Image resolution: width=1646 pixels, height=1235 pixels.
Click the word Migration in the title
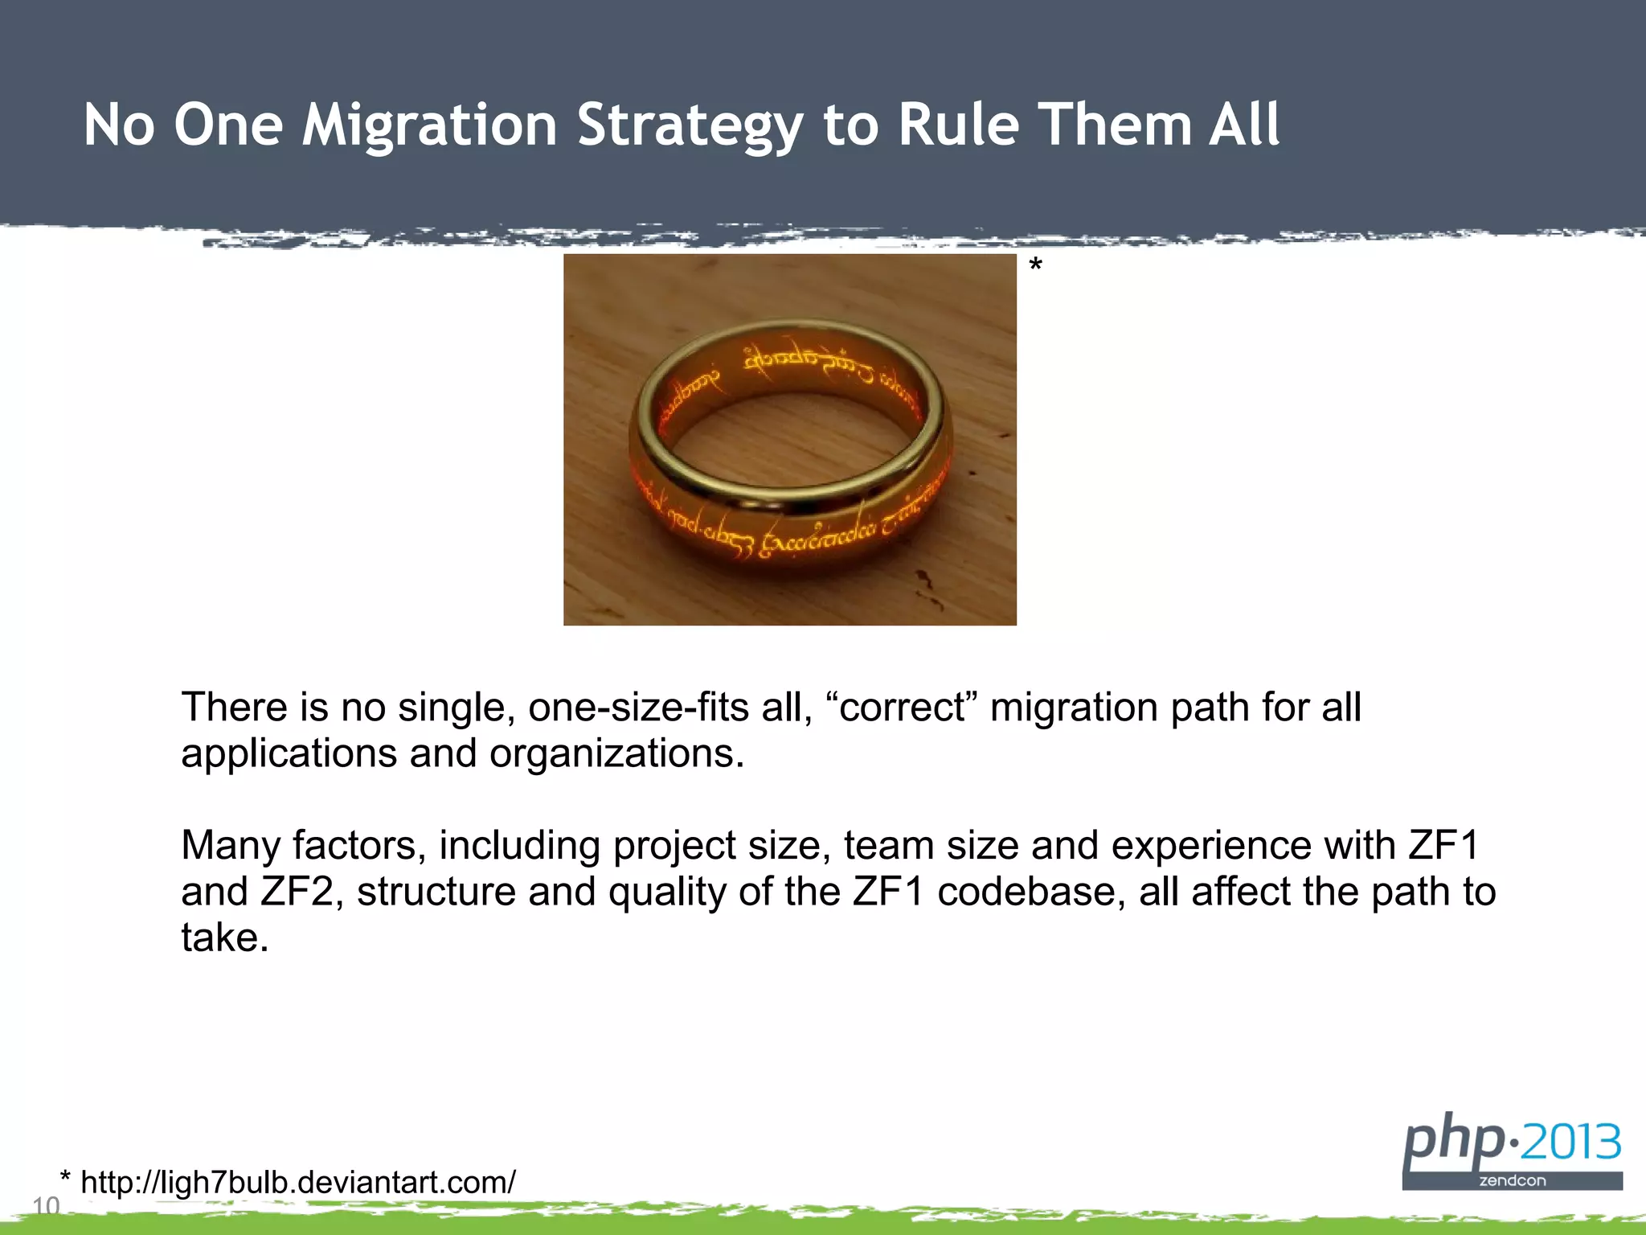pos(429,125)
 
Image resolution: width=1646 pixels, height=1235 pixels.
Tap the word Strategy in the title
pos(690,125)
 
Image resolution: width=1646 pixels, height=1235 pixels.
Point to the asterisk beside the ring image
pos(1035,266)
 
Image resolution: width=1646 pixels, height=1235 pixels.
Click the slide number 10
pos(46,1205)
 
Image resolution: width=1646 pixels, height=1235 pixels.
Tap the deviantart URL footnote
pos(297,1182)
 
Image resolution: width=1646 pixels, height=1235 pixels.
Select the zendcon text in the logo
pos(1512,1181)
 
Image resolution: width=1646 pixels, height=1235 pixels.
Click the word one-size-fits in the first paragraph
pos(638,708)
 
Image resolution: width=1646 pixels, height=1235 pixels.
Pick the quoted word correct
pos(901,708)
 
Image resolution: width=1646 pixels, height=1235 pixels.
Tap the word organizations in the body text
pos(616,754)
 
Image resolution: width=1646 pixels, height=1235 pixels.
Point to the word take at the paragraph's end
pos(223,938)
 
